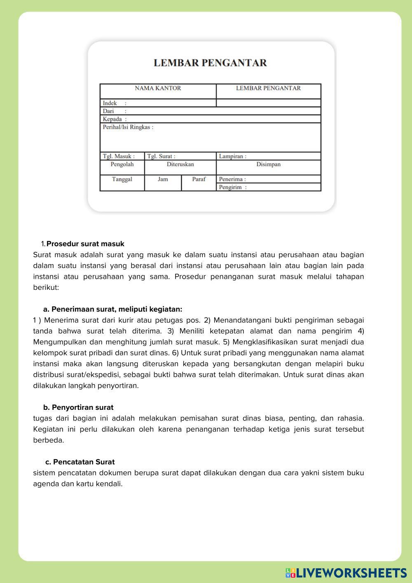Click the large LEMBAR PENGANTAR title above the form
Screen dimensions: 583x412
click(x=210, y=63)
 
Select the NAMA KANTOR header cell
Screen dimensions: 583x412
click(x=158, y=88)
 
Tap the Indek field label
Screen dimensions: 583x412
click(x=110, y=103)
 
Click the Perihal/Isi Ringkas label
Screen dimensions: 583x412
click(x=128, y=127)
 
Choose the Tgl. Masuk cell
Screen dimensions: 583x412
click(x=119, y=156)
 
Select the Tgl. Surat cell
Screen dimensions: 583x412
click(x=161, y=156)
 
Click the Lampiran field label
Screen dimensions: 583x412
click(x=233, y=156)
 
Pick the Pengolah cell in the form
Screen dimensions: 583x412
click(x=122, y=165)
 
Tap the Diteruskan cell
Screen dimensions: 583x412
click(x=180, y=165)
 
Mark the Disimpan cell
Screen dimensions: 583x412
click(x=268, y=165)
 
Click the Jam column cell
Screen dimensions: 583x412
click(x=163, y=179)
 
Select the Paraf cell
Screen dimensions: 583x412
click(x=199, y=179)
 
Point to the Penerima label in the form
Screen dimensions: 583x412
click(x=232, y=179)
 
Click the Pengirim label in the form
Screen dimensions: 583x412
click(x=233, y=187)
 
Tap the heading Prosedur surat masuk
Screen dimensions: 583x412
click(x=85, y=244)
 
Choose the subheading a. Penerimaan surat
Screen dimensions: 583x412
click(x=112, y=309)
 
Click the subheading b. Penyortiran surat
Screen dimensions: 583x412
click(x=78, y=407)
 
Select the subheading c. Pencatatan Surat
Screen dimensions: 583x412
click(x=80, y=462)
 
